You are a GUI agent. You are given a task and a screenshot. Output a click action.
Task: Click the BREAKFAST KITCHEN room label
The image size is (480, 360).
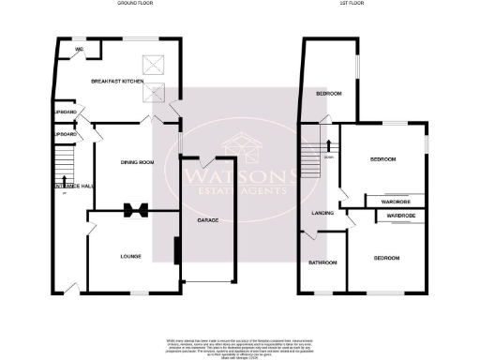tap(115, 82)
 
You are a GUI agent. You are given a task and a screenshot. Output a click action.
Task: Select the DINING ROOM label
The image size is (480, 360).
tap(137, 162)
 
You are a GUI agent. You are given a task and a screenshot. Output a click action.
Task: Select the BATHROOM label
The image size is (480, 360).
tap(323, 262)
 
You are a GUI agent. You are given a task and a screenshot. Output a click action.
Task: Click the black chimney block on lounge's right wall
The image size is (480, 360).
tap(177, 251)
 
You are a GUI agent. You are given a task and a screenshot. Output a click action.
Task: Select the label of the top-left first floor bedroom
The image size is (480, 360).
tap(328, 95)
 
